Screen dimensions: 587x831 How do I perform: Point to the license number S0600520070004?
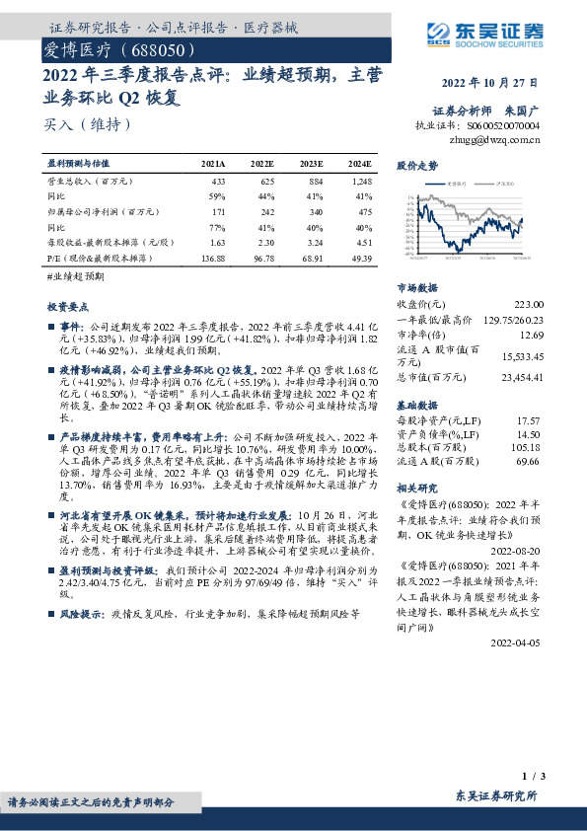click(x=506, y=126)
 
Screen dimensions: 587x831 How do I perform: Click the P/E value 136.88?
click(x=212, y=257)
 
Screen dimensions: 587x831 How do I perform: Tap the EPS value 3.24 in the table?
click(x=313, y=242)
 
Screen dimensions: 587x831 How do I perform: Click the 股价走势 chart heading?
click(x=417, y=166)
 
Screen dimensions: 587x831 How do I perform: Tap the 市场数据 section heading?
click(x=417, y=286)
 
